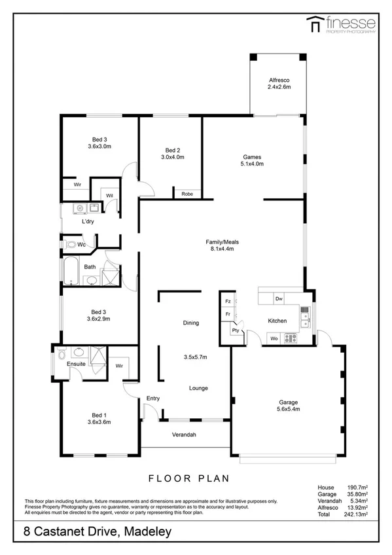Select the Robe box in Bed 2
click(187, 194)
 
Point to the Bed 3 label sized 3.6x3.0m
click(99, 143)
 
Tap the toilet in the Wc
click(70, 244)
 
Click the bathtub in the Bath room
click(71, 270)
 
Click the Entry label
click(153, 398)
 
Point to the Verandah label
click(185, 435)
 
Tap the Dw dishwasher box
click(279, 298)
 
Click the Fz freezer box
click(228, 302)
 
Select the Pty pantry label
click(235, 331)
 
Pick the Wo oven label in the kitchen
click(274, 338)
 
